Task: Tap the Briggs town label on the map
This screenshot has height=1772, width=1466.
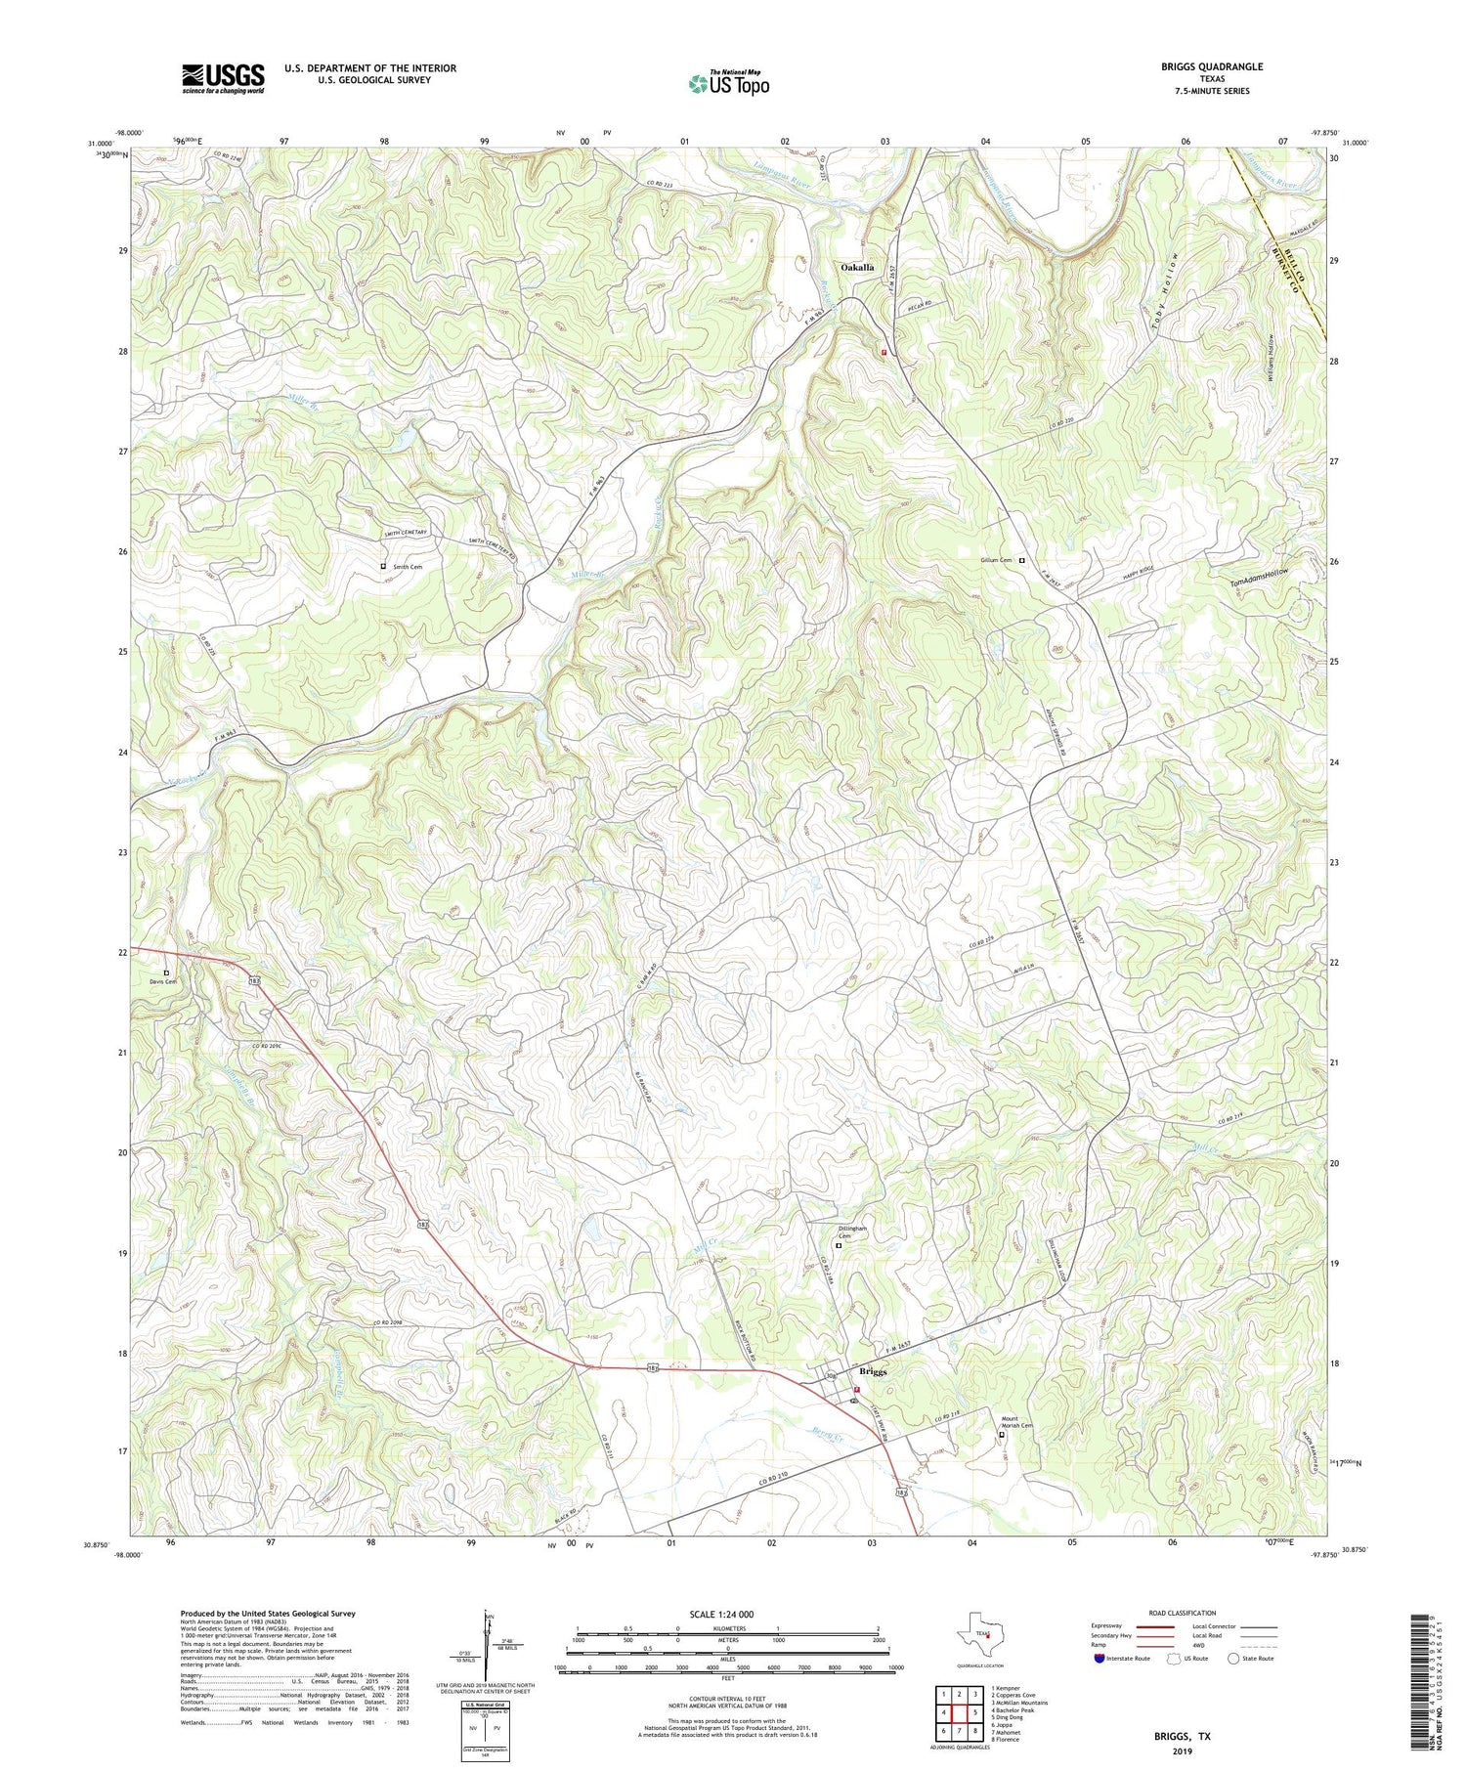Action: pyautogui.click(x=873, y=1372)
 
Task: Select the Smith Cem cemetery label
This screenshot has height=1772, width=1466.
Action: pyautogui.click(x=408, y=567)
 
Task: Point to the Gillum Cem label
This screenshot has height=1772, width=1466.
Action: pyautogui.click(x=996, y=561)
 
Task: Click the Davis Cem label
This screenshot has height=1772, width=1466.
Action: pyautogui.click(x=162, y=981)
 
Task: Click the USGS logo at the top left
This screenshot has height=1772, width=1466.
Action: pyautogui.click(x=223, y=78)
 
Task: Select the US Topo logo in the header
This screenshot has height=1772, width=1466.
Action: pyautogui.click(x=728, y=83)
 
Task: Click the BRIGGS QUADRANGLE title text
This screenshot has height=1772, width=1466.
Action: pyautogui.click(x=1206, y=66)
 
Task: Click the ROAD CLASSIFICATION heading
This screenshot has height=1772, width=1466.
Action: pyautogui.click(x=1183, y=1613)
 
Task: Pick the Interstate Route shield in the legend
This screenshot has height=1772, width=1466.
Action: pyautogui.click(x=1100, y=1658)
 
